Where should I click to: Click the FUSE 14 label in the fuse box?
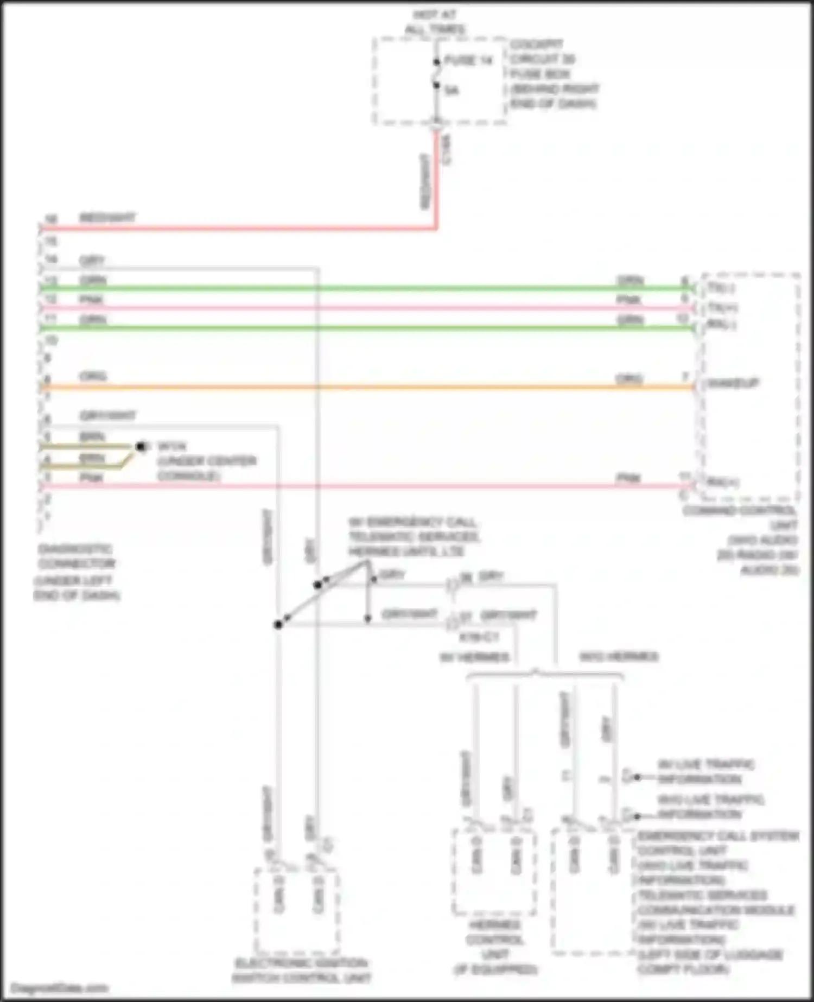click(x=468, y=60)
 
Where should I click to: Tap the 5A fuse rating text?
click(x=451, y=90)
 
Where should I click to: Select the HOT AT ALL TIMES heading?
click(x=434, y=22)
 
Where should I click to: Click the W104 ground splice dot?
click(x=141, y=446)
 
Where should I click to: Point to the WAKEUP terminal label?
click(x=732, y=384)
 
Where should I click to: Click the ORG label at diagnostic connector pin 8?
click(x=93, y=376)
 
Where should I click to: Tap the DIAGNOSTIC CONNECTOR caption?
click(x=76, y=556)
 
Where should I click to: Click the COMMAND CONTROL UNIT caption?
click(x=740, y=518)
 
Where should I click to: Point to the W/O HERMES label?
click(x=619, y=657)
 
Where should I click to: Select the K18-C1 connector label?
click(x=479, y=637)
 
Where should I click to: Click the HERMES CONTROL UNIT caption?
click(x=495, y=947)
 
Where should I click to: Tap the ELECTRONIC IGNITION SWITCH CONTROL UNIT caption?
click(x=301, y=971)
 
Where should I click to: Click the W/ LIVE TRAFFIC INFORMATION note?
click(x=705, y=772)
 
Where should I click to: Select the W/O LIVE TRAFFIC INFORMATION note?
click(x=710, y=807)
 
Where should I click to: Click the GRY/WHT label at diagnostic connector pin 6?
click(x=107, y=416)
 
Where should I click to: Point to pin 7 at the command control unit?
click(x=685, y=377)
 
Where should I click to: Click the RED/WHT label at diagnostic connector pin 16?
click(x=107, y=218)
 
